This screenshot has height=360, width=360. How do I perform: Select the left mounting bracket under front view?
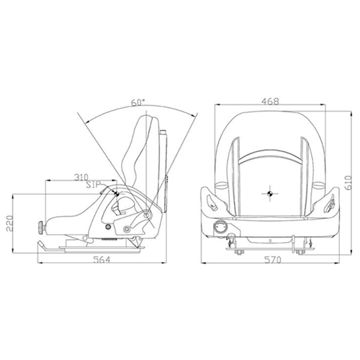click(236, 247)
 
